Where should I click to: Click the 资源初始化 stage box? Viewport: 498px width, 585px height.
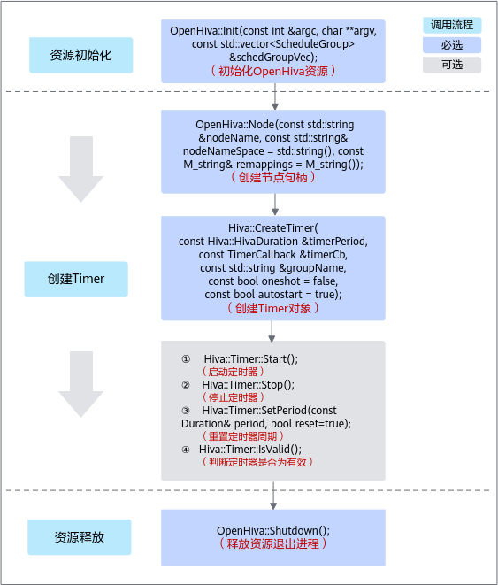[80, 55]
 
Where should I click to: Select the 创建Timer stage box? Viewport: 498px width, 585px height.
[76, 279]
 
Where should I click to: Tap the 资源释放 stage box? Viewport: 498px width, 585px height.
[80, 537]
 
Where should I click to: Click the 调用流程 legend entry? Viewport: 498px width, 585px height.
[452, 25]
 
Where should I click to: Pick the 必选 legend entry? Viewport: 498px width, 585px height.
[452, 45]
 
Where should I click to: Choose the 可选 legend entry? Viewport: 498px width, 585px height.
[452, 65]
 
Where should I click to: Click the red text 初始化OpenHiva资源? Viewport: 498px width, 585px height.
[273, 71]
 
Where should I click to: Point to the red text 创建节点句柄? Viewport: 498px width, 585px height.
[273, 177]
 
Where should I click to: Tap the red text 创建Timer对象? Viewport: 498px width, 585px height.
[273, 308]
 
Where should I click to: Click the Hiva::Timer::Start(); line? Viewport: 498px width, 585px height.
[251, 359]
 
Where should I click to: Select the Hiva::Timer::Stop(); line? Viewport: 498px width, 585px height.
[249, 385]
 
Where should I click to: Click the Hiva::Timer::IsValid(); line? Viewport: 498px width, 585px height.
[250, 450]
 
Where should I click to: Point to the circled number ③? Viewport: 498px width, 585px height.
[186, 411]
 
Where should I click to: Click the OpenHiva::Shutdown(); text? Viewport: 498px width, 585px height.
[273, 530]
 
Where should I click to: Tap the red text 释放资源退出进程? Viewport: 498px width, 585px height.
[273, 543]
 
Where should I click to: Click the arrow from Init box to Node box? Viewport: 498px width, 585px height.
[275, 96]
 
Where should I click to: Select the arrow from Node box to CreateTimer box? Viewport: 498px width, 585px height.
[275, 204]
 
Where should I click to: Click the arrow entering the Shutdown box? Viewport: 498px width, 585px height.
[273, 496]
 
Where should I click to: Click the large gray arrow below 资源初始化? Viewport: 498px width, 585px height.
[80, 169]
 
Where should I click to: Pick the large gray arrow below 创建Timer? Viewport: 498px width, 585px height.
[80, 384]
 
